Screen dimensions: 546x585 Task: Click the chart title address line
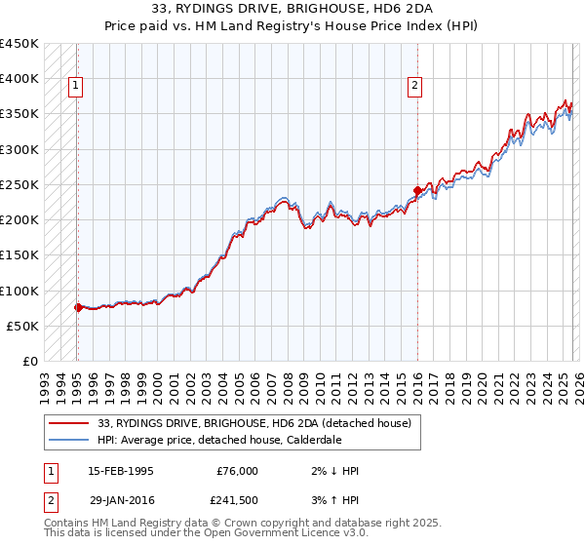(292, 9)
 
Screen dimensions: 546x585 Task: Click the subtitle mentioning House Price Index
(292, 25)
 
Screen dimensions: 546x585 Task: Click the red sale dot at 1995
(78, 307)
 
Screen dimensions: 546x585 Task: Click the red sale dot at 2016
(417, 190)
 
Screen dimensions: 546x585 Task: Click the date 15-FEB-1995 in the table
(121, 471)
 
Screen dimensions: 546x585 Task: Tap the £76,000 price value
(237, 471)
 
